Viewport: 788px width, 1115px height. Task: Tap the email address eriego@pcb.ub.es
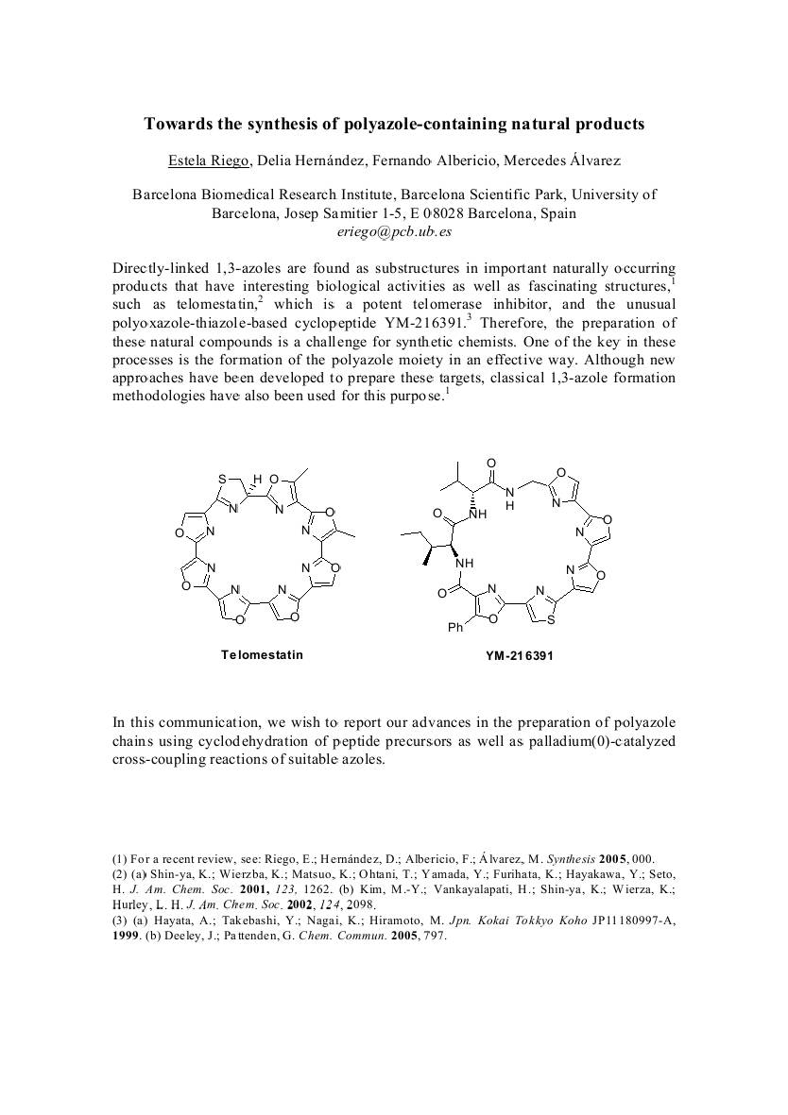(x=394, y=230)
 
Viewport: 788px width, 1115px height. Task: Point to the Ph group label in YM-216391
(x=455, y=628)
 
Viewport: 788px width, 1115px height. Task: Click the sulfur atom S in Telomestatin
(x=223, y=479)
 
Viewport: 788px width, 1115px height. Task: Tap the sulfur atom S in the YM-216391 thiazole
(x=552, y=620)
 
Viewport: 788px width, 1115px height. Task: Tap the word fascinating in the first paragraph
(x=550, y=286)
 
